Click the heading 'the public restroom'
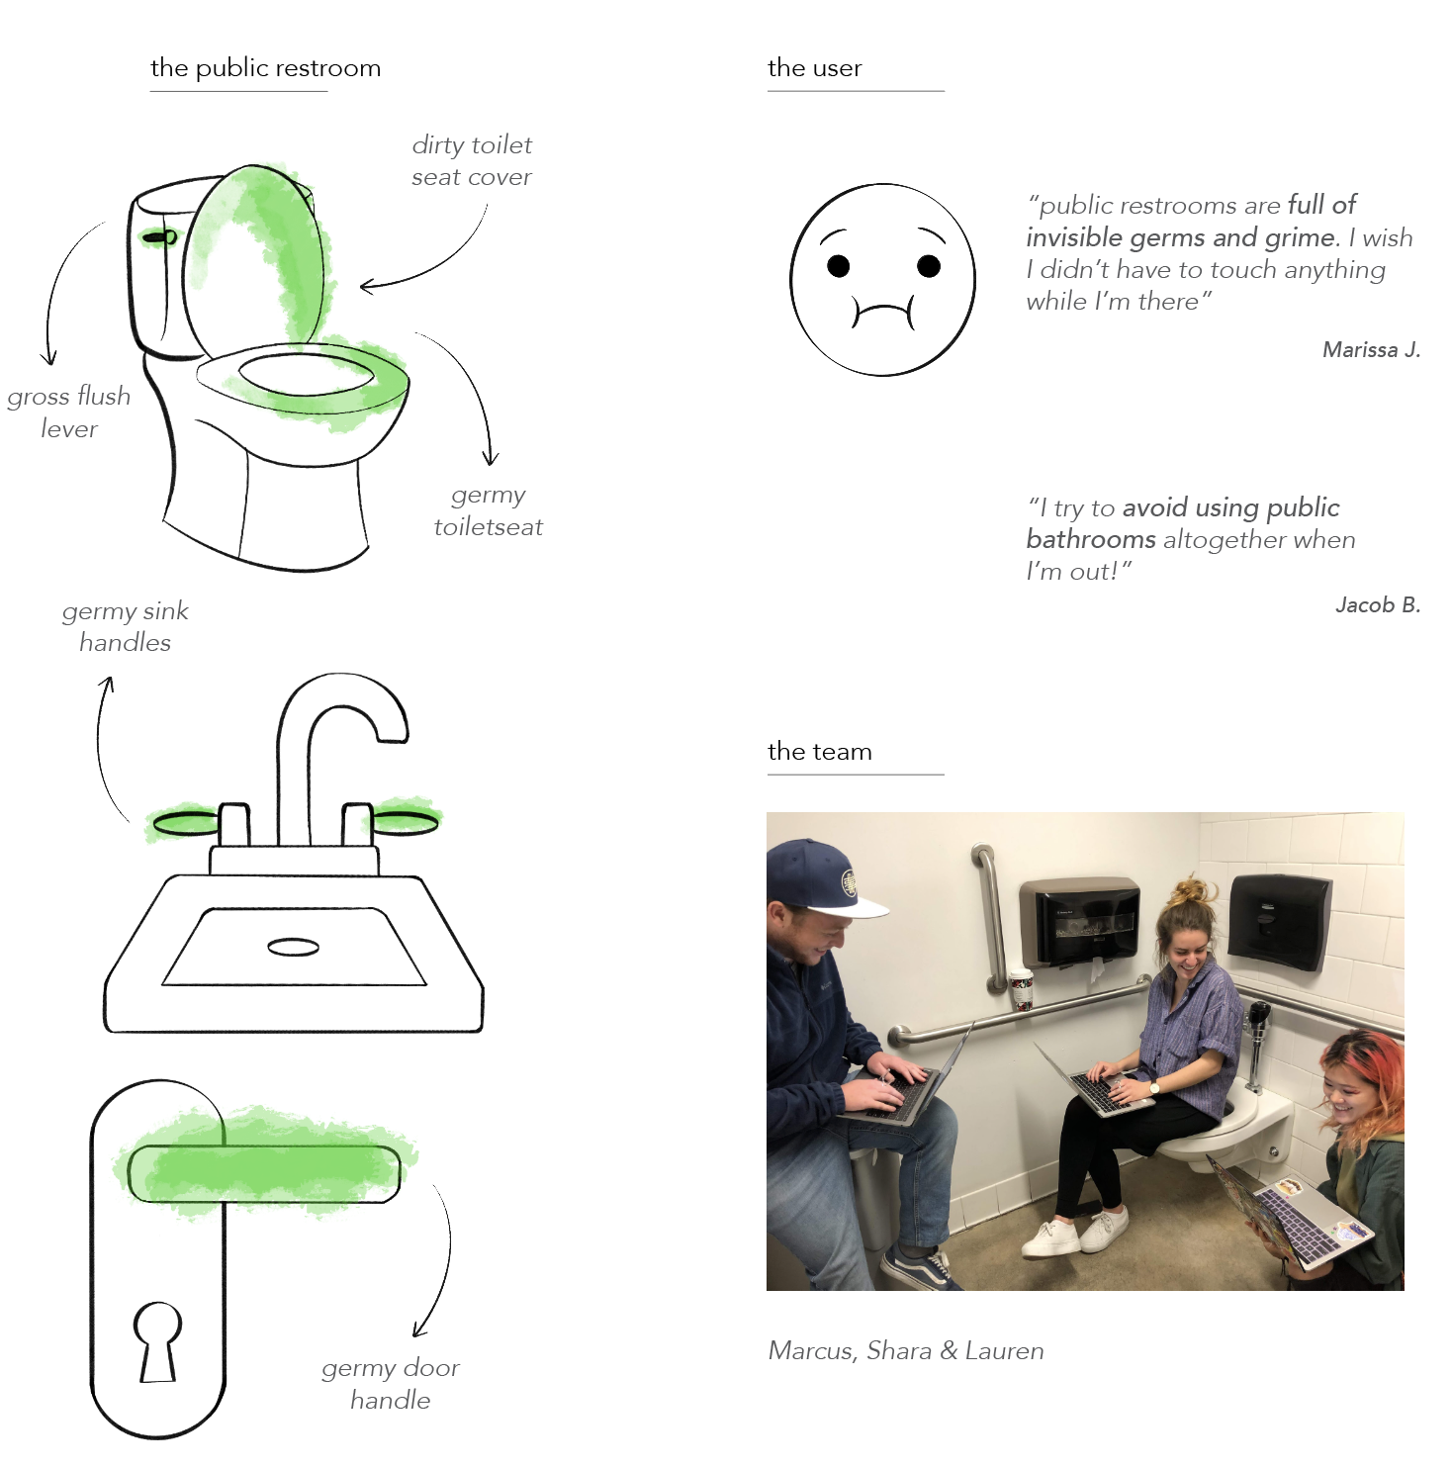point(265,68)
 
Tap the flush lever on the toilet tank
point(159,237)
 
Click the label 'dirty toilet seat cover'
point(472,161)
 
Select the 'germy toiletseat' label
point(489,510)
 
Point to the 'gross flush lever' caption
point(69,413)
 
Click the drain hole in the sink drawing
point(293,948)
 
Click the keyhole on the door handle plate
point(158,1340)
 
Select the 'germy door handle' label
point(391,1384)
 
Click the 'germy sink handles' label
point(126,627)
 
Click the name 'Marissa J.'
point(1371,349)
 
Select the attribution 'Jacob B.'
point(1378,604)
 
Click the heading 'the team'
point(820,752)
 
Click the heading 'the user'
point(815,68)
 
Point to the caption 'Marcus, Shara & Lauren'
point(906,1351)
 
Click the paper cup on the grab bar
point(1022,990)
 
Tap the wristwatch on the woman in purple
point(1153,1087)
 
